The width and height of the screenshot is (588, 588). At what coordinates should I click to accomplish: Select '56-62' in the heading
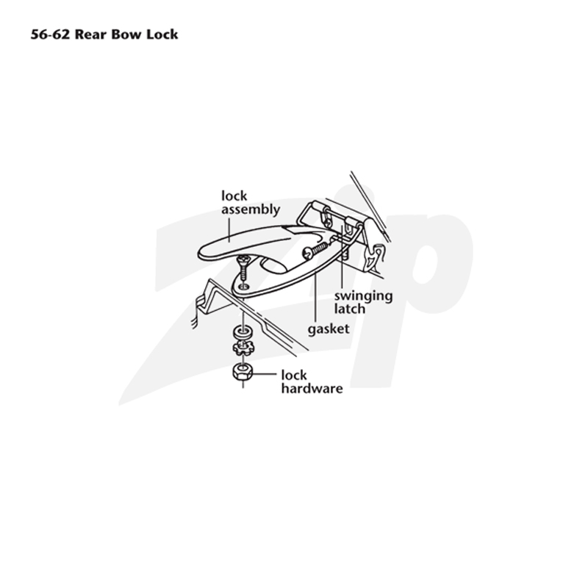[50, 35]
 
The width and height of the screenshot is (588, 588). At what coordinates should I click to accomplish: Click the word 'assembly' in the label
[251, 209]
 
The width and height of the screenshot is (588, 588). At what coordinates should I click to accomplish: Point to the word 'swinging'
[363, 296]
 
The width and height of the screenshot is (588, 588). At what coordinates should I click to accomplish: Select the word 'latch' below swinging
[350, 309]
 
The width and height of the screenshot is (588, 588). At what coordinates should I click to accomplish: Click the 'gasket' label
[329, 329]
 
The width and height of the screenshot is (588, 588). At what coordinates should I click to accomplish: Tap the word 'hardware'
[312, 389]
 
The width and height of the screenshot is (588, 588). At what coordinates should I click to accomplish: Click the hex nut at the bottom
[243, 372]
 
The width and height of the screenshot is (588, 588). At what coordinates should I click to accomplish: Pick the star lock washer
[243, 349]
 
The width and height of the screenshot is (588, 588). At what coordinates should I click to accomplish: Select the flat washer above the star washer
[243, 332]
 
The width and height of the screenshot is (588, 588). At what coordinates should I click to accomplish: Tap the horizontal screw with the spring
[316, 250]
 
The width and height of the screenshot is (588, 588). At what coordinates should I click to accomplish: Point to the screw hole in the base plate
[244, 287]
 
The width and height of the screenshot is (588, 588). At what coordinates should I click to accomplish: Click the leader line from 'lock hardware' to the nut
[265, 374]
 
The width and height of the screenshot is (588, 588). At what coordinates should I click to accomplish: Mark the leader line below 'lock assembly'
[229, 230]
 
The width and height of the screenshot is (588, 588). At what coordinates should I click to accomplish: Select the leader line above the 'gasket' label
[316, 298]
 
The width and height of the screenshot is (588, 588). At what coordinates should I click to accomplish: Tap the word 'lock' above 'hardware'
[294, 375]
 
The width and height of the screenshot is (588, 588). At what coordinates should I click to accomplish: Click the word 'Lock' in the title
[162, 35]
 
